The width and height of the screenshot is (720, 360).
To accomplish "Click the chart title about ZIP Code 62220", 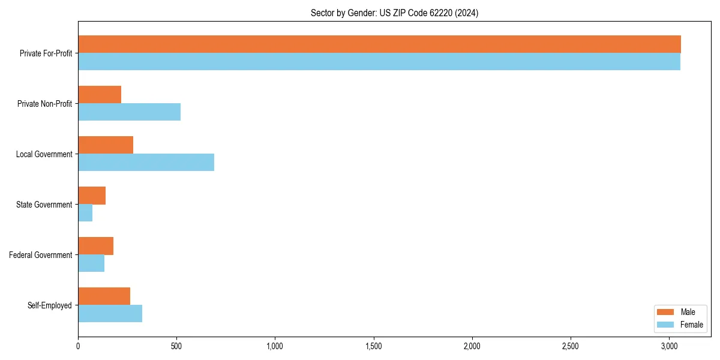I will point(394,13).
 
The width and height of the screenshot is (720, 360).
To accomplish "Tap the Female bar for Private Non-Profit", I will point(129,112).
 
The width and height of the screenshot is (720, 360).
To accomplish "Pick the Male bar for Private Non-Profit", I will point(100,95).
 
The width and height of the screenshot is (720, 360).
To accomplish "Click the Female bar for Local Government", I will point(146,163).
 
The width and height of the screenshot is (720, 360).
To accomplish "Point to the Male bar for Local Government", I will point(106,145).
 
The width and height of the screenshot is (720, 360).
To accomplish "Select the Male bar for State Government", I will point(92,196).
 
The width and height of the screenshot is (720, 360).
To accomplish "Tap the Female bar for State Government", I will point(85,213).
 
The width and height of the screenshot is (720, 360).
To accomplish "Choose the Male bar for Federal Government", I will point(95,246).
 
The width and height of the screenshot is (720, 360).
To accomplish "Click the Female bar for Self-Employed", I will point(110,314).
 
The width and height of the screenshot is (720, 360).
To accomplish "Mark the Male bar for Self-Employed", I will point(104,296).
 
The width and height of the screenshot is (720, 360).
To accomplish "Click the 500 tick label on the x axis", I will point(176,347).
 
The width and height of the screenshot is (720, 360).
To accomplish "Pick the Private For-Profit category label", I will point(46,53).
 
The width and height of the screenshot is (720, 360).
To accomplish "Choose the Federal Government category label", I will point(41,255).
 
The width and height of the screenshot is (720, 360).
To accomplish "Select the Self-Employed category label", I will point(50,305).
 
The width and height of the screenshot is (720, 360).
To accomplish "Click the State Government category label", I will point(44,205).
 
